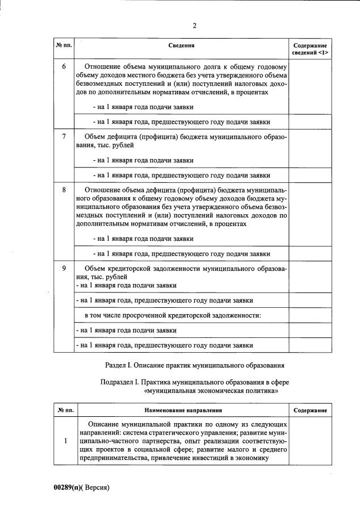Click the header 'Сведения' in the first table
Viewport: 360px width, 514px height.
tap(182, 45)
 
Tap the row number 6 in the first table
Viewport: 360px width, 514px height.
tap(64, 66)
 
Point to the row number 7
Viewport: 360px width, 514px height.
tap(64, 136)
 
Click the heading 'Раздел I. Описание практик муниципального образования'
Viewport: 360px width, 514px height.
tap(194, 363)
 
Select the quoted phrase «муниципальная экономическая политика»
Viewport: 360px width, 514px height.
tap(211, 391)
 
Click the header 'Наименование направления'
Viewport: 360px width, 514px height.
tap(182, 409)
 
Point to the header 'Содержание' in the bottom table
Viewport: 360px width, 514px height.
tap(309, 409)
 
